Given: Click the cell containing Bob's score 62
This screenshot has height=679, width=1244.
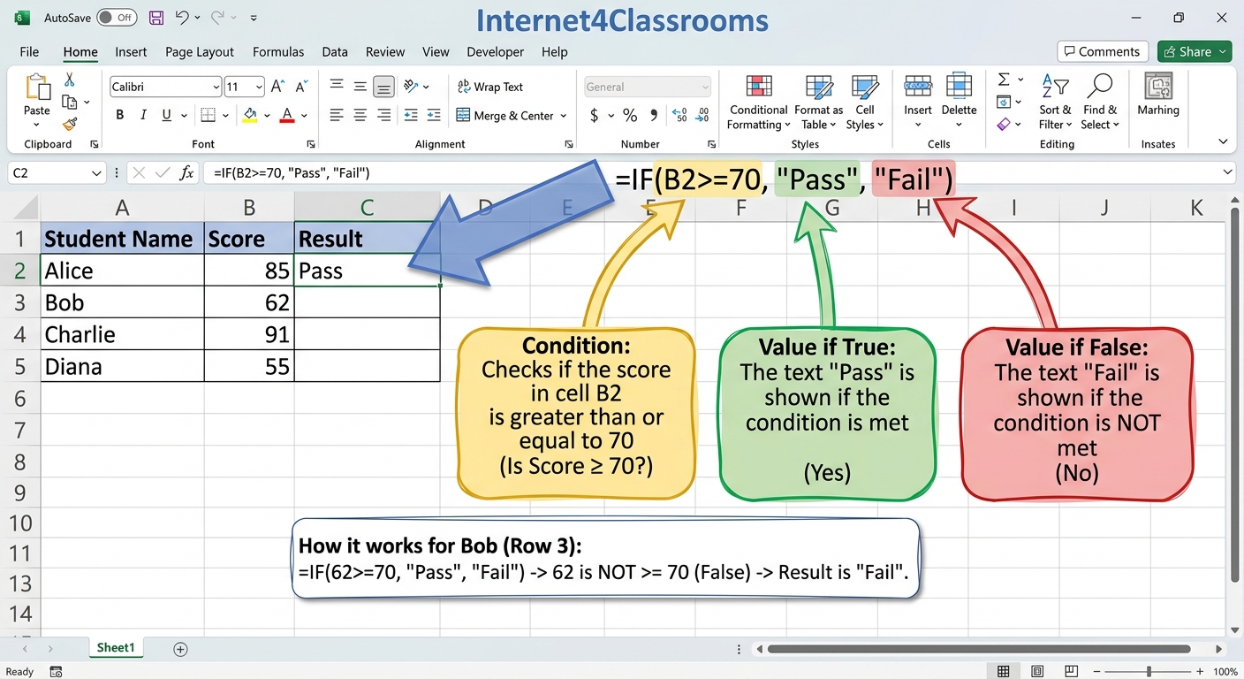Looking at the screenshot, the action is coord(249,302).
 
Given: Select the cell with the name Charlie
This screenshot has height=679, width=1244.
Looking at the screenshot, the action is coord(122,334).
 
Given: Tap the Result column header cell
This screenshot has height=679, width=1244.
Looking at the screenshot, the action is coord(367,239).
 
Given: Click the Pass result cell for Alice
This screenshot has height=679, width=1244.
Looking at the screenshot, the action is coord(367,271).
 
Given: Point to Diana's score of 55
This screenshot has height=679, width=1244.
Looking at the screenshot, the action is coord(249,367).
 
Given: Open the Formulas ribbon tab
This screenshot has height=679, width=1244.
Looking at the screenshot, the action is coord(278,51).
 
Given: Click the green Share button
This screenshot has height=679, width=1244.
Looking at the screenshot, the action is coord(1195,51).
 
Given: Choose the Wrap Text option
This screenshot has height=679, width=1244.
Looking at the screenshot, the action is coord(490,87).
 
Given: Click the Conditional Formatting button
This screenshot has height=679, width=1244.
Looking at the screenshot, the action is coord(759,103).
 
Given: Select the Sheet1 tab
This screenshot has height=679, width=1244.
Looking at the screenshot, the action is coord(116,647).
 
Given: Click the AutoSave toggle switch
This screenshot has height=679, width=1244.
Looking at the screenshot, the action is coord(117,18).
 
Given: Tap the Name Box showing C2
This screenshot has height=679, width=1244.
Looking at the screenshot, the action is coord(57,172).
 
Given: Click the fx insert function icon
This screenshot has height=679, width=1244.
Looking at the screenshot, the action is coord(186,172).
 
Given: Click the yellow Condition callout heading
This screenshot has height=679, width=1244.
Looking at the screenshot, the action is coord(576,346).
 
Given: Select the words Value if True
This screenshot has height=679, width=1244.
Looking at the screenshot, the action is coord(827,347).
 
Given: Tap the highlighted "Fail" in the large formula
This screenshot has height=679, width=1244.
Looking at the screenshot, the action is coord(914,179).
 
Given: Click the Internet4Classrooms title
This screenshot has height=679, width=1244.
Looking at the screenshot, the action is coord(622,21).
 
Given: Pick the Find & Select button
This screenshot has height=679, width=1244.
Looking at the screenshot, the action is coord(1100,103).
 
